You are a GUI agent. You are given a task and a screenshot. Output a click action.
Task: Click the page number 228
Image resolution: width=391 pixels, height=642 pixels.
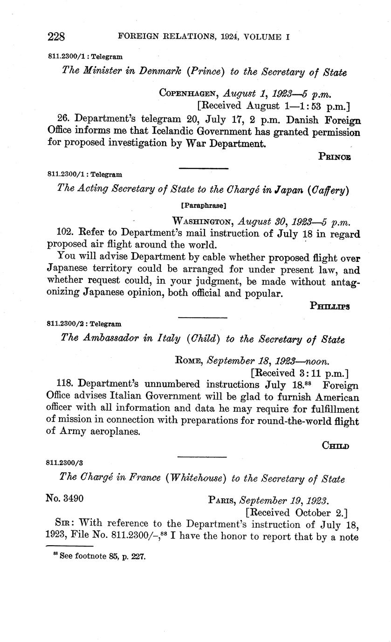(x=55, y=36)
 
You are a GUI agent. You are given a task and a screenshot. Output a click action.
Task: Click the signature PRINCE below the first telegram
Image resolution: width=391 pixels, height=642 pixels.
(x=335, y=157)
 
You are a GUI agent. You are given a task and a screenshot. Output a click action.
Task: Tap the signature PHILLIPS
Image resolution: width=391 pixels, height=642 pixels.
(x=329, y=306)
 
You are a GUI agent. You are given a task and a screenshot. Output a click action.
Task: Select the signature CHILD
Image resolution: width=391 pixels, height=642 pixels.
(x=336, y=446)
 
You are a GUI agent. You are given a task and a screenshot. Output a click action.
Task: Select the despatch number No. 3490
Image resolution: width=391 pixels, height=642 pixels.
(x=65, y=499)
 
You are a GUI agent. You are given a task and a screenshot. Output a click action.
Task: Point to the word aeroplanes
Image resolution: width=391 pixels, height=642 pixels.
(x=113, y=431)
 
